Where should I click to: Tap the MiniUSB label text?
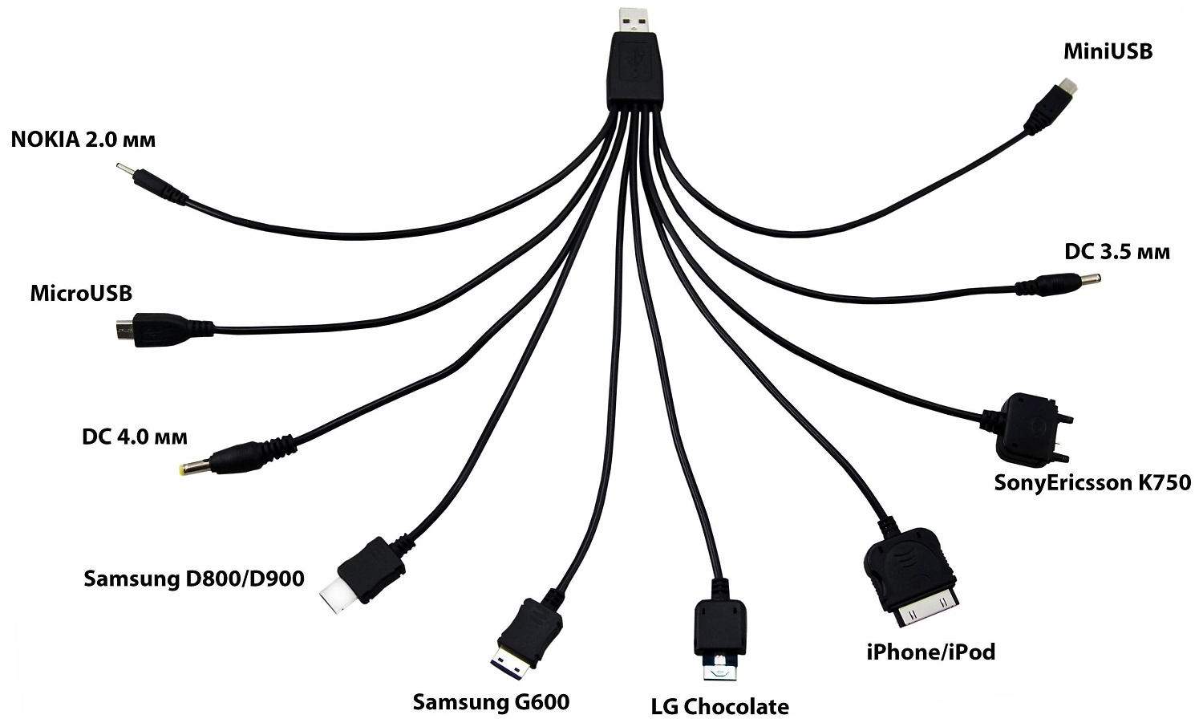pos(1108,52)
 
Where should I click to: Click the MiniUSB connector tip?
pos(1067,85)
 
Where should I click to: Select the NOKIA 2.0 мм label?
pos(83,140)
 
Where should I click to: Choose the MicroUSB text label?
pos(80,293)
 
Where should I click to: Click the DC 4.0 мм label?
pos(134,437)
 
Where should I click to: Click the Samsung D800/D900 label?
pos(193,578)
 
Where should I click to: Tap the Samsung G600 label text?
pos(490,702)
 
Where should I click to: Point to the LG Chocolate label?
pos(719,706)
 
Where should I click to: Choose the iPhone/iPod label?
pos(930,652)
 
